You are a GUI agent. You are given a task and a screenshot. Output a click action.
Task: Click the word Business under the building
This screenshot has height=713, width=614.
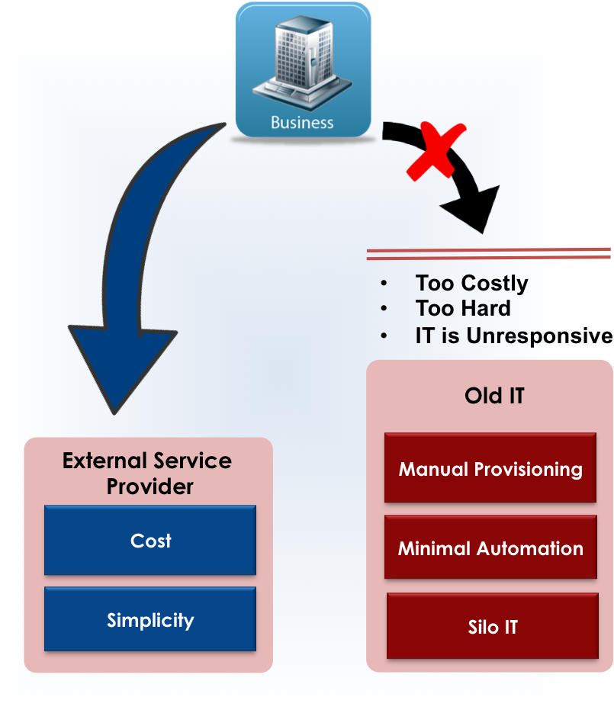[x=302, y=123]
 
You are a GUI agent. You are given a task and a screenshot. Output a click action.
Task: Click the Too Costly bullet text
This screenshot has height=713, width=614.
[x=471, y=284]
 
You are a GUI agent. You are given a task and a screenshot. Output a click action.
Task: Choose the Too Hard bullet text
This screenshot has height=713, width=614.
[x=463, y=309]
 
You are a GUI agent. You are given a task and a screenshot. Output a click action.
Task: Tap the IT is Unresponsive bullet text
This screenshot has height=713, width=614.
[x=488, y=336]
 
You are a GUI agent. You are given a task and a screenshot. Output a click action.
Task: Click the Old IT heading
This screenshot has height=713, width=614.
[x=494, y=396]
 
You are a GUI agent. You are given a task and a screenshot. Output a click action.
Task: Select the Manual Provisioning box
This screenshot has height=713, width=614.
[x=490, y=468]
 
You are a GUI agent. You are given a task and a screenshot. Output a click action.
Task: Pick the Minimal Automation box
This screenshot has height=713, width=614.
[x=490, y=548]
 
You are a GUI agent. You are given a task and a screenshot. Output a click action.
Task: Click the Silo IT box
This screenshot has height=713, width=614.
[x=492, y=627]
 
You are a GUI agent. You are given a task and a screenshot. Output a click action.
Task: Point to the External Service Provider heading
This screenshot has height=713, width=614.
[x=147, y=474]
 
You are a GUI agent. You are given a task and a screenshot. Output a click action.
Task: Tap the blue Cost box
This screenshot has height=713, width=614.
[x=150, y=541]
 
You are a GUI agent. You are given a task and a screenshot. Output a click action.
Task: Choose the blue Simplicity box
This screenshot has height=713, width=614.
[x=150, y=620]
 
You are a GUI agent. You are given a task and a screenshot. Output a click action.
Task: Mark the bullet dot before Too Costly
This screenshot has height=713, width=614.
[x=384, y=284]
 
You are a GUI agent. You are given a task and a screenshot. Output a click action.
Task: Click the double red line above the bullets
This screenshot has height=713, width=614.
[x=488, y=253]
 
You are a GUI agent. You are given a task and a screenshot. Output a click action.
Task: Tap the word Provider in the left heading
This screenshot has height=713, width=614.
[x=150, y=487]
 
